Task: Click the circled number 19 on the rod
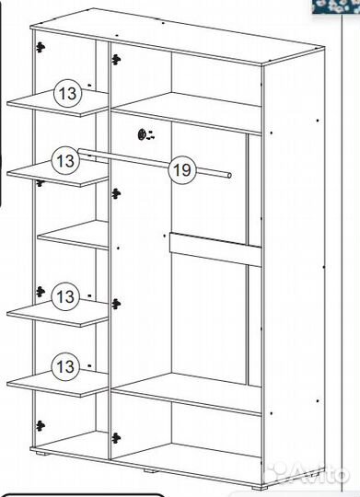[182, 170]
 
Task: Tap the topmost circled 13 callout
[67, 94]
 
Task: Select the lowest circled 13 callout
[65, 366]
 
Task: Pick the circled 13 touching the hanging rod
[65, 160]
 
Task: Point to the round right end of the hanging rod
[229, 175]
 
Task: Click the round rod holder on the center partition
[142, 134]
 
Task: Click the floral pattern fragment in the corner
[335, 6]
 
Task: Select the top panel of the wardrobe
[178, 37]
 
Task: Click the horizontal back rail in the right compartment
[215, 249]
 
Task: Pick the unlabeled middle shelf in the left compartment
[74, 235]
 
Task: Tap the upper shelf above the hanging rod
[187, 113]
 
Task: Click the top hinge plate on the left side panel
[40, 48]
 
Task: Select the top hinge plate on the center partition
[116, 59]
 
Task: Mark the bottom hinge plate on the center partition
[116, 438]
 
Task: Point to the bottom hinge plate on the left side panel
[40, 426]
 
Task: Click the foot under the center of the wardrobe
[150, 470]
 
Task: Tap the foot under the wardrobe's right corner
[258, 488]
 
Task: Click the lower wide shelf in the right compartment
[187, 394]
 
